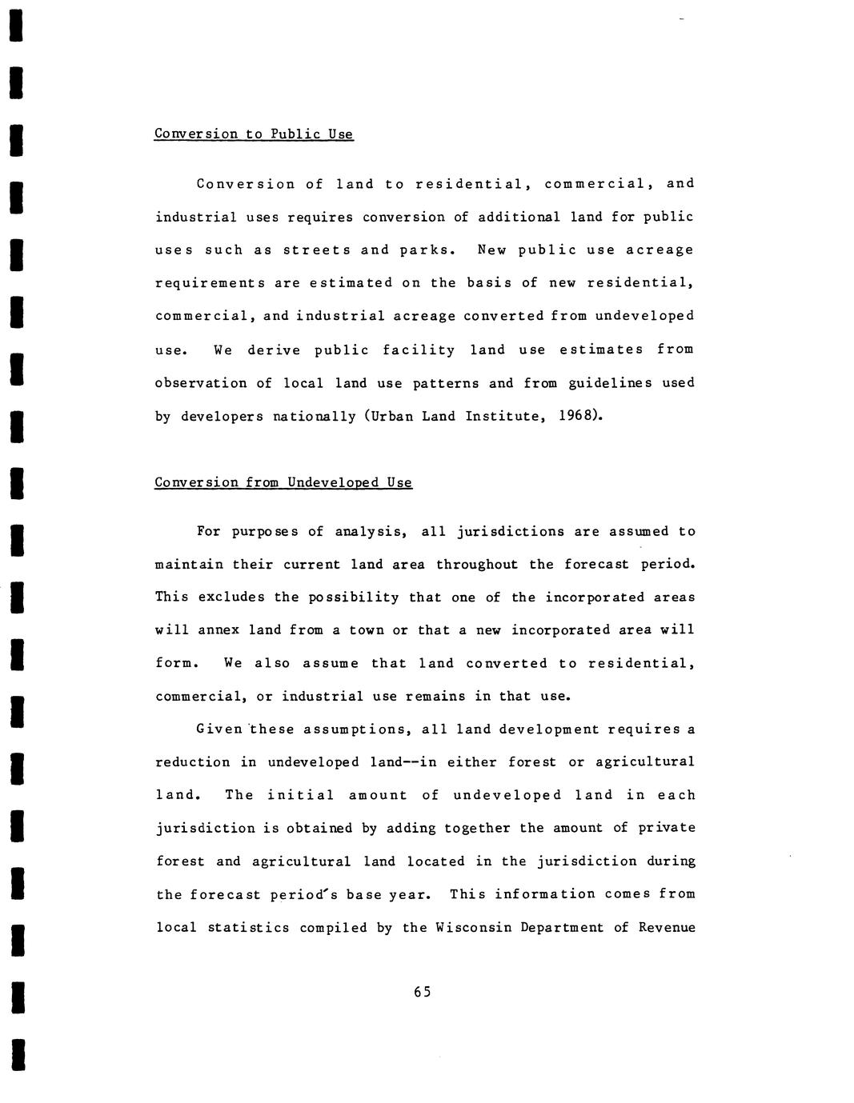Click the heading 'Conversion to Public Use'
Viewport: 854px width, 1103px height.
(253, 134)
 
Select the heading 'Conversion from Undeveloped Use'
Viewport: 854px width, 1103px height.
(283, 482)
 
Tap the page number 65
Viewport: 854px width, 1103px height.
(423, 992)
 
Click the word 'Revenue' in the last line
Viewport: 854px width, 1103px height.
(667, 928)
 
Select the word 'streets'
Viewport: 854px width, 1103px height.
(316, 250)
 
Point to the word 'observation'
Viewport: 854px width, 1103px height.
(201, 383)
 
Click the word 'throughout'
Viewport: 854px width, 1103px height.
(477, 564)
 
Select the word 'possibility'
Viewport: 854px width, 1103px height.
(354, 597)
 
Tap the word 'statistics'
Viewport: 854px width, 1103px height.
(248, 928)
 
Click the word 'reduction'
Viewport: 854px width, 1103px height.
(193, 762)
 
